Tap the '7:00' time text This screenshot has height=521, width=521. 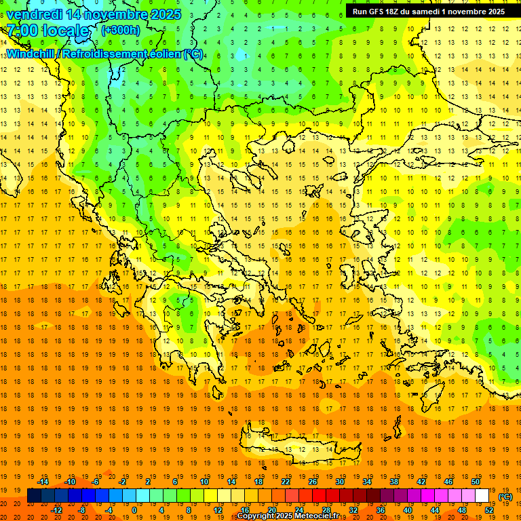click(22, 31)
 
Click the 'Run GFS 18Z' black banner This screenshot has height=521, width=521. click(428, 12)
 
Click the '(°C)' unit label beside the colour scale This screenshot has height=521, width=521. click(505, 496)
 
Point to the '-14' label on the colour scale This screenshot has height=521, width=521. click(43, 482)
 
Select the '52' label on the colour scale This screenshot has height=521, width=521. click(489, 510)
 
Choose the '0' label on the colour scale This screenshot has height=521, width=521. click(134, 510)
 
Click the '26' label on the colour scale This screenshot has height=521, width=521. click(312, 482)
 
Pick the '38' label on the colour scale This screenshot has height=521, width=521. click(393, 482)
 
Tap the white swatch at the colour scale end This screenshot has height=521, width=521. click(482, 496)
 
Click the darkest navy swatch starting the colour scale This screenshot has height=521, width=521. click(34, 496)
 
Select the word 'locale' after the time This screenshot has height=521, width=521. click(67, 31)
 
